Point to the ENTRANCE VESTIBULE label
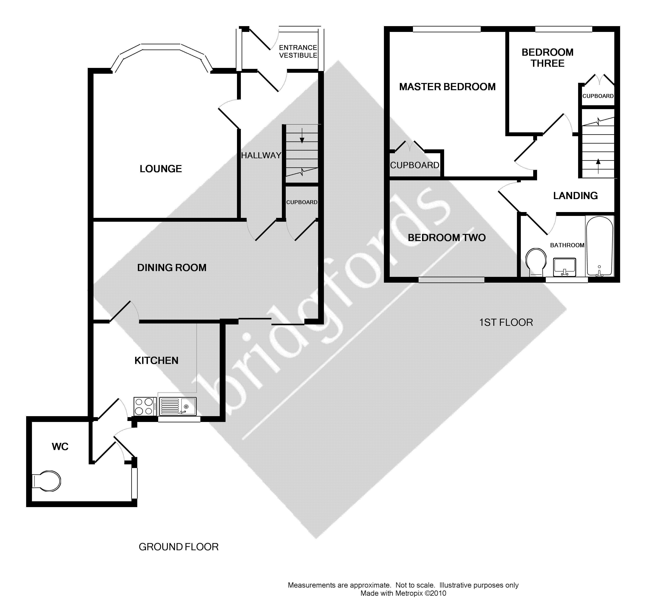[x=298, y=51]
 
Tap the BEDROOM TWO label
[x=446, y=238]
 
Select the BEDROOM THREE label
[x=547, y=58]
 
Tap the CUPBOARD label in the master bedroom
[x=415, y=165]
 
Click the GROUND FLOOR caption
[x=179, y=547]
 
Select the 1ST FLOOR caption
[x=506, y=323]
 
